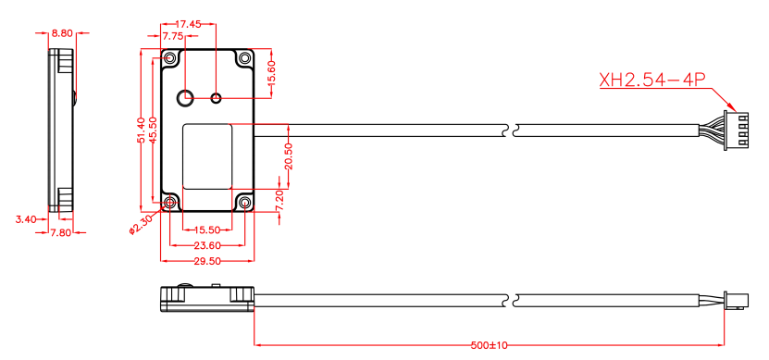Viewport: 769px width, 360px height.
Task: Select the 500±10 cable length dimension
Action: point(490,345)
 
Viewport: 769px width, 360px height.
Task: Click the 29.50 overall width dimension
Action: point(206,261)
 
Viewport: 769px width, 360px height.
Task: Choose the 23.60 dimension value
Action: point(206,245)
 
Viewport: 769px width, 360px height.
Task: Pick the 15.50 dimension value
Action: point(206,230)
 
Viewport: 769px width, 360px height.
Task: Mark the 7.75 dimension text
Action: point(173,36)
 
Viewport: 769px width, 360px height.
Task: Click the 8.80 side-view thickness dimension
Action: point(62,32)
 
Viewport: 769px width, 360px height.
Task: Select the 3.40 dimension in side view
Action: point(26,219)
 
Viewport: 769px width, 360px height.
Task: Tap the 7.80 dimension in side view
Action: point(61,232)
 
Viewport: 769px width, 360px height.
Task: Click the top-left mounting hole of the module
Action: point(170,59)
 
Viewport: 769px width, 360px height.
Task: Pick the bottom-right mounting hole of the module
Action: point(244,203)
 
